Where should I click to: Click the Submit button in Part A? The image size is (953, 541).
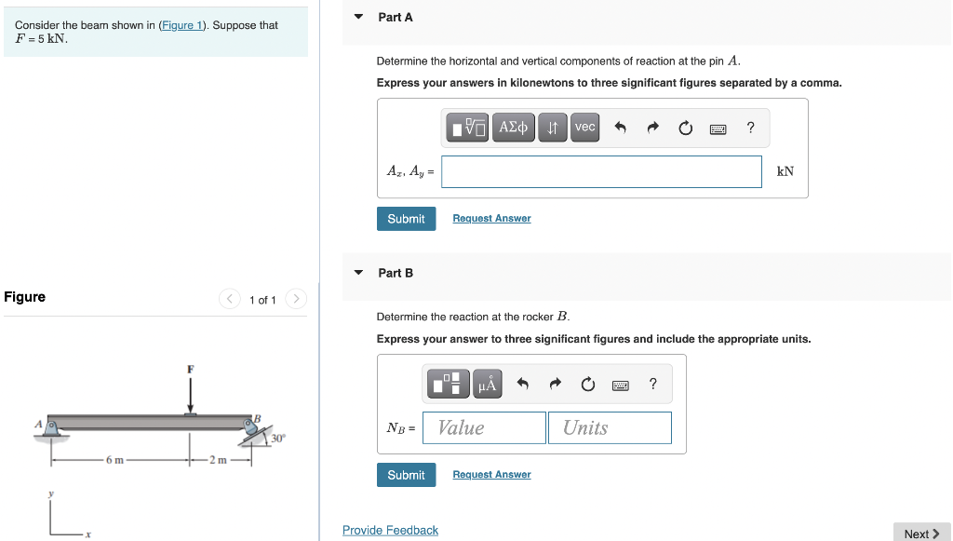406,219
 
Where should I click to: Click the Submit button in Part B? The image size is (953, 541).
406,475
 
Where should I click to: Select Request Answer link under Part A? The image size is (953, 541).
491,219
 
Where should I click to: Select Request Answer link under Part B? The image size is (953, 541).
491,475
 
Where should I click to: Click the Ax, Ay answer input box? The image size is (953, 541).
601,171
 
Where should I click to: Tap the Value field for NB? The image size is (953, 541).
484,427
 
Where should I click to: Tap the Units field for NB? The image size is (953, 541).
610,427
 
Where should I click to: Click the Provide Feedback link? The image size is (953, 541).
390,531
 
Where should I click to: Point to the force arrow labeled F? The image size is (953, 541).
191,395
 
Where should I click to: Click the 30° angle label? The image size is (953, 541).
279,438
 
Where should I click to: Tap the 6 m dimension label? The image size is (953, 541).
114,460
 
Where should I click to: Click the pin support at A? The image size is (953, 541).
51,429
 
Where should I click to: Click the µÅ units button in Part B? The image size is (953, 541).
488,384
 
